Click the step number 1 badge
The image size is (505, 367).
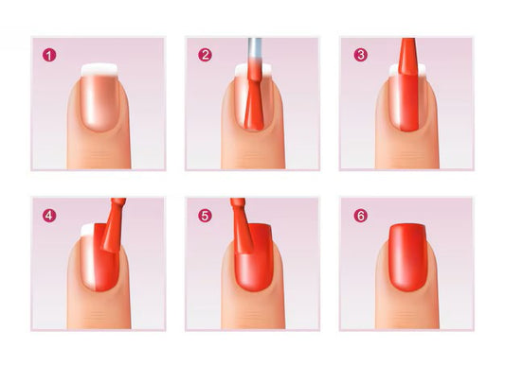49,55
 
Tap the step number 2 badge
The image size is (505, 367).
205,55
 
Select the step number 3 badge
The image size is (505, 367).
361,55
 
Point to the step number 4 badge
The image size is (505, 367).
49,216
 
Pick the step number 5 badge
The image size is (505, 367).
205,216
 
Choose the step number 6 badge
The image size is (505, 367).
361,216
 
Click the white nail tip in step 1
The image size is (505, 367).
99,70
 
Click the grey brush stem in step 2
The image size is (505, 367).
255,50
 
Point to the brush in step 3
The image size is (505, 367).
408,57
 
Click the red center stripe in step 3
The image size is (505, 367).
408,103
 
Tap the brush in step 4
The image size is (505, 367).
114,225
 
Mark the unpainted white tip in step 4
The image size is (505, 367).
87,230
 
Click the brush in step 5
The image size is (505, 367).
242,226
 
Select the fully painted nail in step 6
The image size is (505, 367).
407,257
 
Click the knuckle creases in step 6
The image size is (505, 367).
407,316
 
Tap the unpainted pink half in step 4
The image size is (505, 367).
87,261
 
